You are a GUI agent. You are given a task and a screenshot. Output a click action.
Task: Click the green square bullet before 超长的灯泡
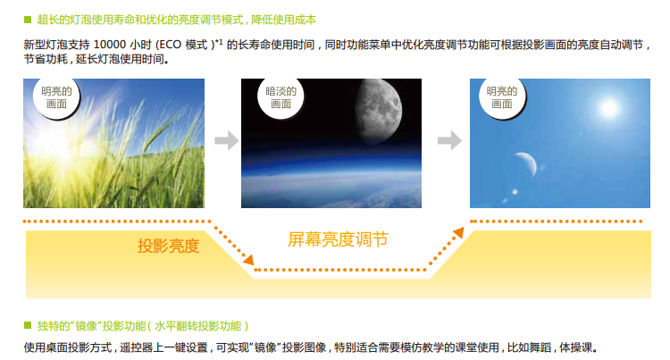click(x=28, y=20)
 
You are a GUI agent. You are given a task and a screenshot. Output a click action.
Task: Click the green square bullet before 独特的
click(x=28, y=326)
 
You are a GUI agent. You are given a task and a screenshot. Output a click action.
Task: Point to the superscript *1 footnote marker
click(x=220, y=42)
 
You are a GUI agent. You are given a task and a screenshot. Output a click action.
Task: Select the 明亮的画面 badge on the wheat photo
click(x=56, y=97)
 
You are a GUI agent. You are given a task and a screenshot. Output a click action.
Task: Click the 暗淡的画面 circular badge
click(x=281, y=97)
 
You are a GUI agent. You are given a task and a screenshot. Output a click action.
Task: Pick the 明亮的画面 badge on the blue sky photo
click(x=502, y=97)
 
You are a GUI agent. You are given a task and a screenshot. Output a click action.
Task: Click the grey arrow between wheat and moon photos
click(x=227, y=140)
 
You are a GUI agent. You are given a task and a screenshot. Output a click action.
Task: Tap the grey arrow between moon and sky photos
click(x=450, y=140)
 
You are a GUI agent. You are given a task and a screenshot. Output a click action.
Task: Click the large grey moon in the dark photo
click(x=379, y=110)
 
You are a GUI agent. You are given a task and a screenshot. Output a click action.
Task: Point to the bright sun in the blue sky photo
click(x=609, y=107)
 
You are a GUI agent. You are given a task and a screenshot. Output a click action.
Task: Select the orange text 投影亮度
click(x=168, y=246)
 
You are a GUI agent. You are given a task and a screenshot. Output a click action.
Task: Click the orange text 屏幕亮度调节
click(x=338, y=239)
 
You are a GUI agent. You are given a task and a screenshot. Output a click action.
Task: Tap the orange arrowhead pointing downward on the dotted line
click(x=248, y=260)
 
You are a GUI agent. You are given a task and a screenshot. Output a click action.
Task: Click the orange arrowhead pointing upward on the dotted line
click(x=458, y=232)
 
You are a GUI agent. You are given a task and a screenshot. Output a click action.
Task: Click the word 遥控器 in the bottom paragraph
click(x=136, y=347)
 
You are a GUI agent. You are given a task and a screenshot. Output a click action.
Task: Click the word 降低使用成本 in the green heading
click(x=284, y=20)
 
